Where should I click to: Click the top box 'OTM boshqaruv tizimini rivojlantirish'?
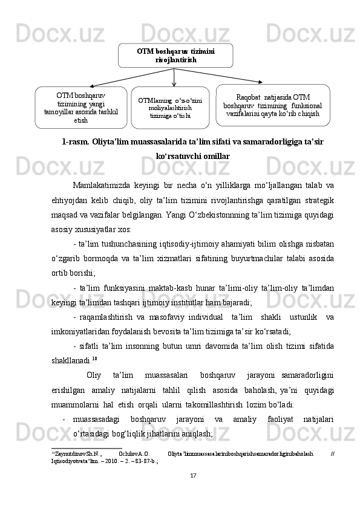(175, 56)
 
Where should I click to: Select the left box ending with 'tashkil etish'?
(81, 108)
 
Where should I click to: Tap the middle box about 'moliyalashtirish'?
(175, 108)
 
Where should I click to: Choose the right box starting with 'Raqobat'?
(272, 105)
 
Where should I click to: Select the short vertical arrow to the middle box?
(174, 77)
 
